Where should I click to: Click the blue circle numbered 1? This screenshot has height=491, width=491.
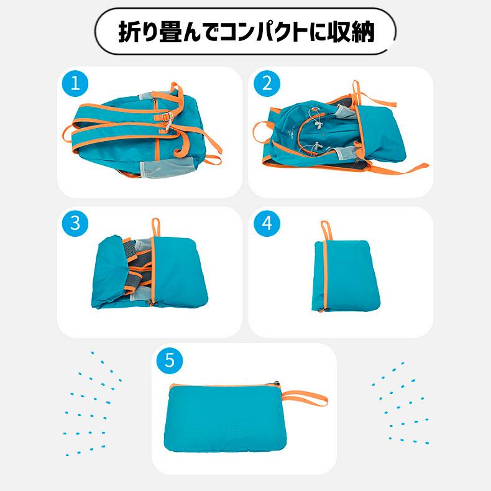(x=75, y=84)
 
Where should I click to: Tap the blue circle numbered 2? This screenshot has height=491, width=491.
(x=267, y=84)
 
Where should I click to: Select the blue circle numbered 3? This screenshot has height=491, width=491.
(x=75, y=223)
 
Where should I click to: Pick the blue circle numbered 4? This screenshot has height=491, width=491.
(x=267, y=223)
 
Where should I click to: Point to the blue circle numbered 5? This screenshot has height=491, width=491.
(x=169, y=360)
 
